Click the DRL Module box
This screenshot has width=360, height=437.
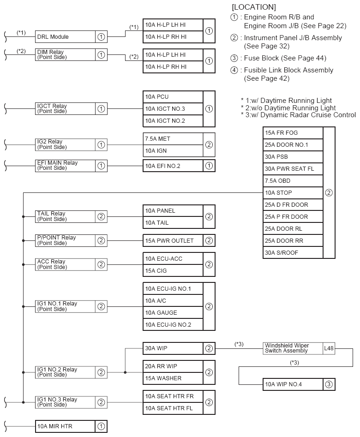65,37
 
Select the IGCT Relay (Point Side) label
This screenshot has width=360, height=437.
65,109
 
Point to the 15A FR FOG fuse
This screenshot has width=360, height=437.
293,133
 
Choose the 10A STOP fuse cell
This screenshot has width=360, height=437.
293,193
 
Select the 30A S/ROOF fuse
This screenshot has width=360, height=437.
293,252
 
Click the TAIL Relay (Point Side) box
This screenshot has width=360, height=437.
65,216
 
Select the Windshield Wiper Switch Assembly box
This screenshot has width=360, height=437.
293,348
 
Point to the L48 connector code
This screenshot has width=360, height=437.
329,348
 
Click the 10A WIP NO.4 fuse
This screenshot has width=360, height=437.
293,384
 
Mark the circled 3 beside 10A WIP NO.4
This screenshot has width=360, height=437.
329,384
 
